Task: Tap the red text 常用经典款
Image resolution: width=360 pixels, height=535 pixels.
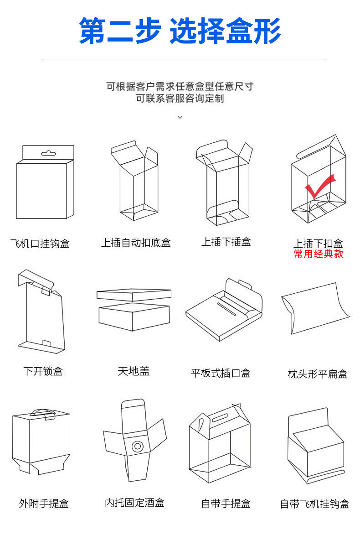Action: pos(318,254)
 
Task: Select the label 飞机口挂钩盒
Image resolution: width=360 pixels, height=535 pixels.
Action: pos(40,244)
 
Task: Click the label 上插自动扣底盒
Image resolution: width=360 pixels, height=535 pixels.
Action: pos(136,243)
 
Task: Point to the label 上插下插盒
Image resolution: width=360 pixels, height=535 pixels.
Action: pos(226,242)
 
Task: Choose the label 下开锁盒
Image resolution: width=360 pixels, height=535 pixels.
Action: pos(43,371)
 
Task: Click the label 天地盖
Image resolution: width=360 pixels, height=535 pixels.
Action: pos(134,371)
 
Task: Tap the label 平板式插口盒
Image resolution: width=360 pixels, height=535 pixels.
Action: pos(221,373)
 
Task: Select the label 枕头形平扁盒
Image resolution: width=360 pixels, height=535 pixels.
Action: pos(318,374)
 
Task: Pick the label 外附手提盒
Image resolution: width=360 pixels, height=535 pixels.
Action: pos(44,504)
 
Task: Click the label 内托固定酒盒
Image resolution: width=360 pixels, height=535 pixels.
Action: pos(134,503)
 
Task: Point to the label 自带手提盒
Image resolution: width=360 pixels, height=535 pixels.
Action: pos(226,504)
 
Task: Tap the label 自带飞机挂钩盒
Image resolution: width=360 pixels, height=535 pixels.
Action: pos(314,504)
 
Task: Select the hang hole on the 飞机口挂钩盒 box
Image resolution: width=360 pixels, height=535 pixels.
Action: pos(48,153)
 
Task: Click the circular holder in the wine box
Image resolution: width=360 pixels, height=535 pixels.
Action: pos(137,446)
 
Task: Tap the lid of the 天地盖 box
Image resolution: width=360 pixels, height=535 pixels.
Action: pos(134,295)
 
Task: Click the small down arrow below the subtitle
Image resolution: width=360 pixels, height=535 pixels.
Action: pos(180,117)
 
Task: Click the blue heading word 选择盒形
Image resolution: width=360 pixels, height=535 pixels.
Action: pos(225,31)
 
